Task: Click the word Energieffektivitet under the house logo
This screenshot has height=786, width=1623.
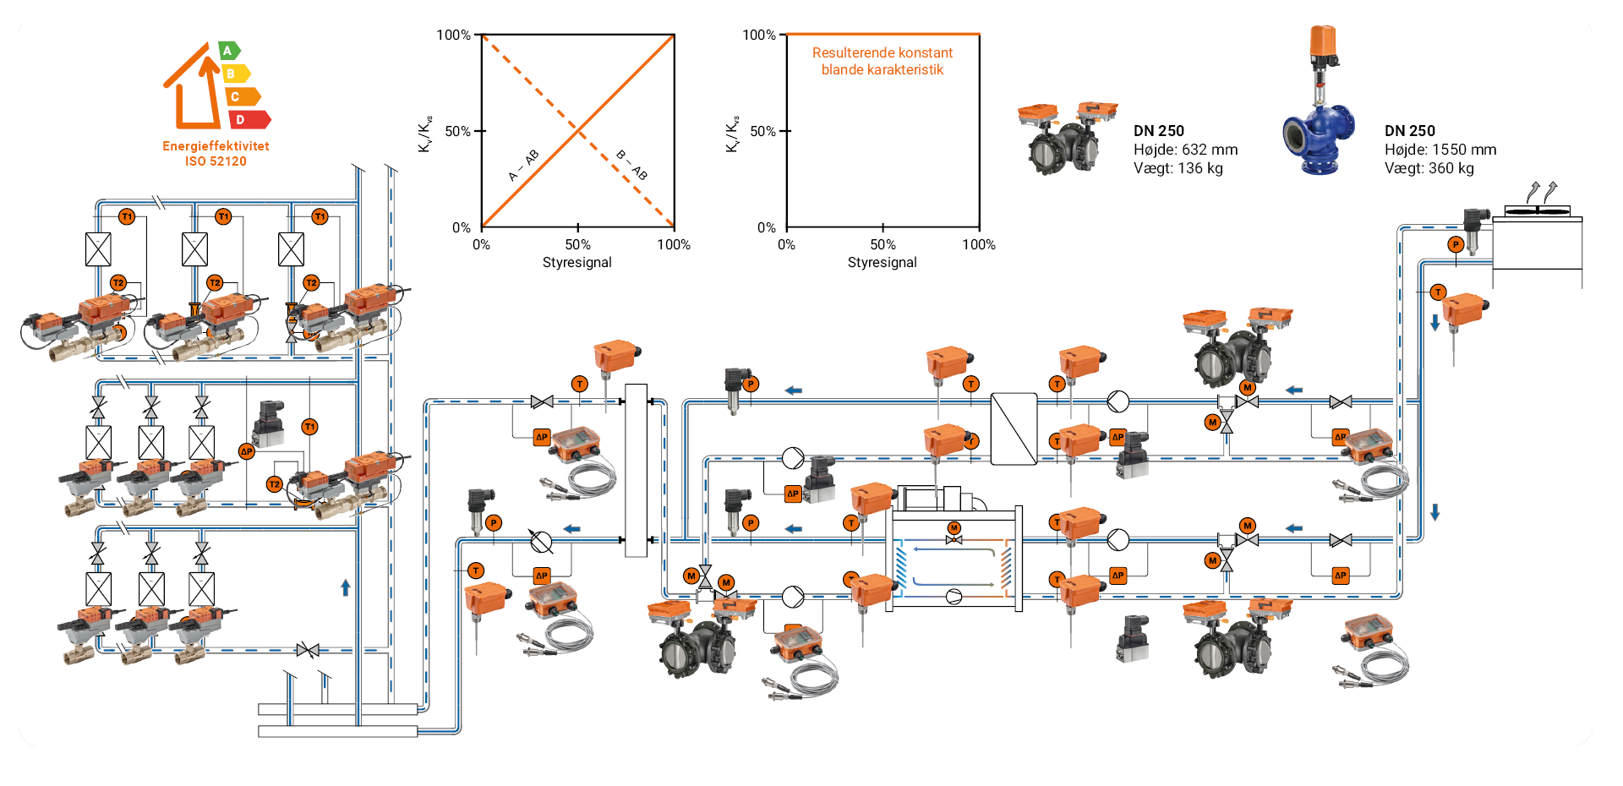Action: click(216, 146)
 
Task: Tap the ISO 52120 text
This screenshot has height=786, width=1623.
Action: click(216, 161)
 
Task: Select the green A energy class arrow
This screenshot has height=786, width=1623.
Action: click(228, 51)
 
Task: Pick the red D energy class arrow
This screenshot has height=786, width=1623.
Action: click(249, 120)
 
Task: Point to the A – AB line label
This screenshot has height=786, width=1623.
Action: click(523, 166)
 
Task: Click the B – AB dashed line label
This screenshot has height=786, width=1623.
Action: click(631, 165)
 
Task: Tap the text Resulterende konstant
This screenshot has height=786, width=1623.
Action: click(882, 52)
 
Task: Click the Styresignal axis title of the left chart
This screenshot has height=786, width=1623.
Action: click(577, 263)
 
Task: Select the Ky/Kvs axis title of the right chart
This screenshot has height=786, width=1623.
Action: click(732, 134)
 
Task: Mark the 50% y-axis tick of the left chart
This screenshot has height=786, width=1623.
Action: click(457, 131)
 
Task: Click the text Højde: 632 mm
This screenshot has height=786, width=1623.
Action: click(1185, 150)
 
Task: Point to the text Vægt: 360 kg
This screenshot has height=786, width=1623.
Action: click(1429, 168)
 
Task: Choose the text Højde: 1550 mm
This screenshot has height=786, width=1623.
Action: click(1440, 150)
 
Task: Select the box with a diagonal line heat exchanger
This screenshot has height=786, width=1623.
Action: click(1014, 428)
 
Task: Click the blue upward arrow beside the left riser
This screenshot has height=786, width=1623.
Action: click(345, 587)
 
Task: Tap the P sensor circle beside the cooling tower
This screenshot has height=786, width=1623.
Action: click(1455, 245)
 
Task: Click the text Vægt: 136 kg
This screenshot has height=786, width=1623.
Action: click(1178, 168)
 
